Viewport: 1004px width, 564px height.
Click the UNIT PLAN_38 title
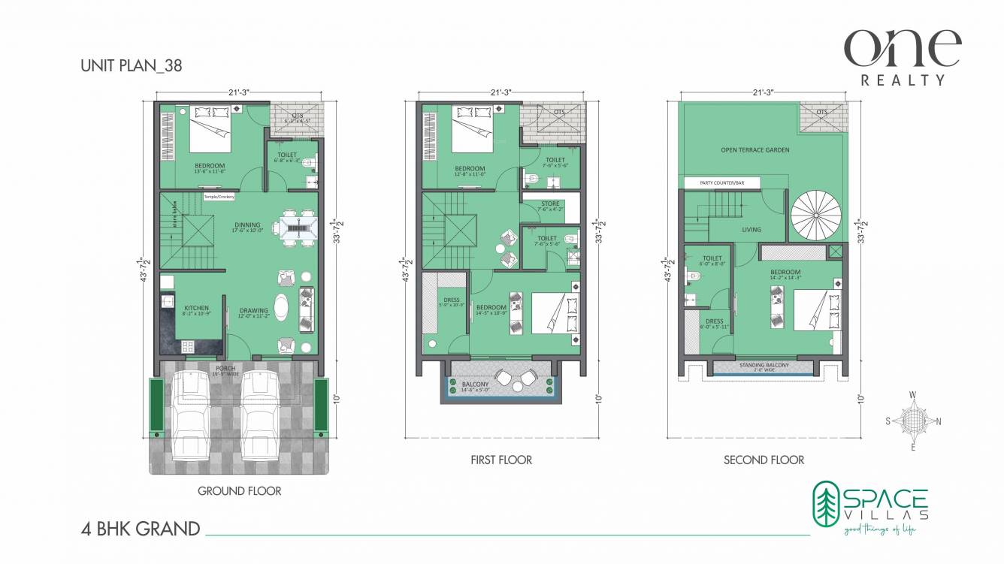pos(131,66)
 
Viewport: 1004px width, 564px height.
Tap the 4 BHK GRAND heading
pos(141,529)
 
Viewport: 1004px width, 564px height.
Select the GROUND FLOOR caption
pos(239,491)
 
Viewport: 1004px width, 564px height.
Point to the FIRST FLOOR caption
pos(500,460)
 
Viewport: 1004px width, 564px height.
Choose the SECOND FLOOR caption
pos(764,460)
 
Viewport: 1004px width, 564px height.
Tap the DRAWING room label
pos(253,310)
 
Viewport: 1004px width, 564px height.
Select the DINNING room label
pos(246,225)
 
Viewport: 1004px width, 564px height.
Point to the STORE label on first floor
pos(550,204)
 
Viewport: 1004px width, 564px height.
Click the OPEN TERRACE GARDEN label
pos(755,150)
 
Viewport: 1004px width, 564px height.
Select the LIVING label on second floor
pos(751,230)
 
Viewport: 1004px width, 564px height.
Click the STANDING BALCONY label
pos(764,365)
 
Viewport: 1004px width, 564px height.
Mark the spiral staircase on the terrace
pos(814,213)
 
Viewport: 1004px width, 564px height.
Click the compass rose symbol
pos(912,421)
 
